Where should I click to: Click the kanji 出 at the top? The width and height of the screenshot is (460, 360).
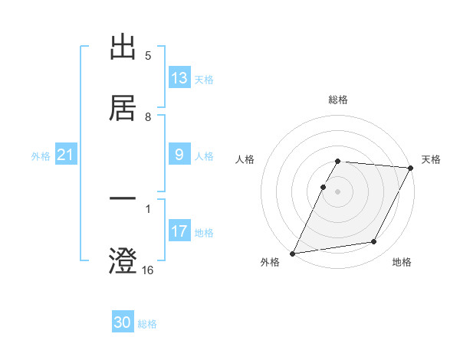pos(123,47)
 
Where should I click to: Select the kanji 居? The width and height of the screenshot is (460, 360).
pos(123,106)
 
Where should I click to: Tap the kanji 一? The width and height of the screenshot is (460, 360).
pos(123,201)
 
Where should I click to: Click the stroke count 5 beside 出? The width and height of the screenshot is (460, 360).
pos(148,56)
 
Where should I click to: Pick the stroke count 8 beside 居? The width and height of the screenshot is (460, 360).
pos(148,116)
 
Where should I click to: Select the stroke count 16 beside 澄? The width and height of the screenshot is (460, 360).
pos(148,270)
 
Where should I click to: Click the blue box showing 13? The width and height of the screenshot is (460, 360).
pos(179,78)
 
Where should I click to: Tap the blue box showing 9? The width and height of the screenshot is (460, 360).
pos(179,155)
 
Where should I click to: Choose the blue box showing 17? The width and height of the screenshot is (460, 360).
pos(179,231)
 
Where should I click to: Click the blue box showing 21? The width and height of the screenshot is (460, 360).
pos(66,155)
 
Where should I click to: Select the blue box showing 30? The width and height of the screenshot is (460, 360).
pos(123,322)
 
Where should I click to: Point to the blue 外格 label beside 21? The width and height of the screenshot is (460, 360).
pos(41,156)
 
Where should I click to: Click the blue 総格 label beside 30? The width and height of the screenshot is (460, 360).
pos(147,324)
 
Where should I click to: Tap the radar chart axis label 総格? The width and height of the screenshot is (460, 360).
pos(338,100)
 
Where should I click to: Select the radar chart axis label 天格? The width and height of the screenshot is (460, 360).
pos(432,159)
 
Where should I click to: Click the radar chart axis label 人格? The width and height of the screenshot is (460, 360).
pos(245,159)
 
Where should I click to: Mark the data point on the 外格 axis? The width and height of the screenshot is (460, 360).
pos(292,253)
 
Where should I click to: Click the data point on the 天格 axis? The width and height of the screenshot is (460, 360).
pos(411,168)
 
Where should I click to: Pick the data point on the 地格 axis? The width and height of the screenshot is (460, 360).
pos(374,242)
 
